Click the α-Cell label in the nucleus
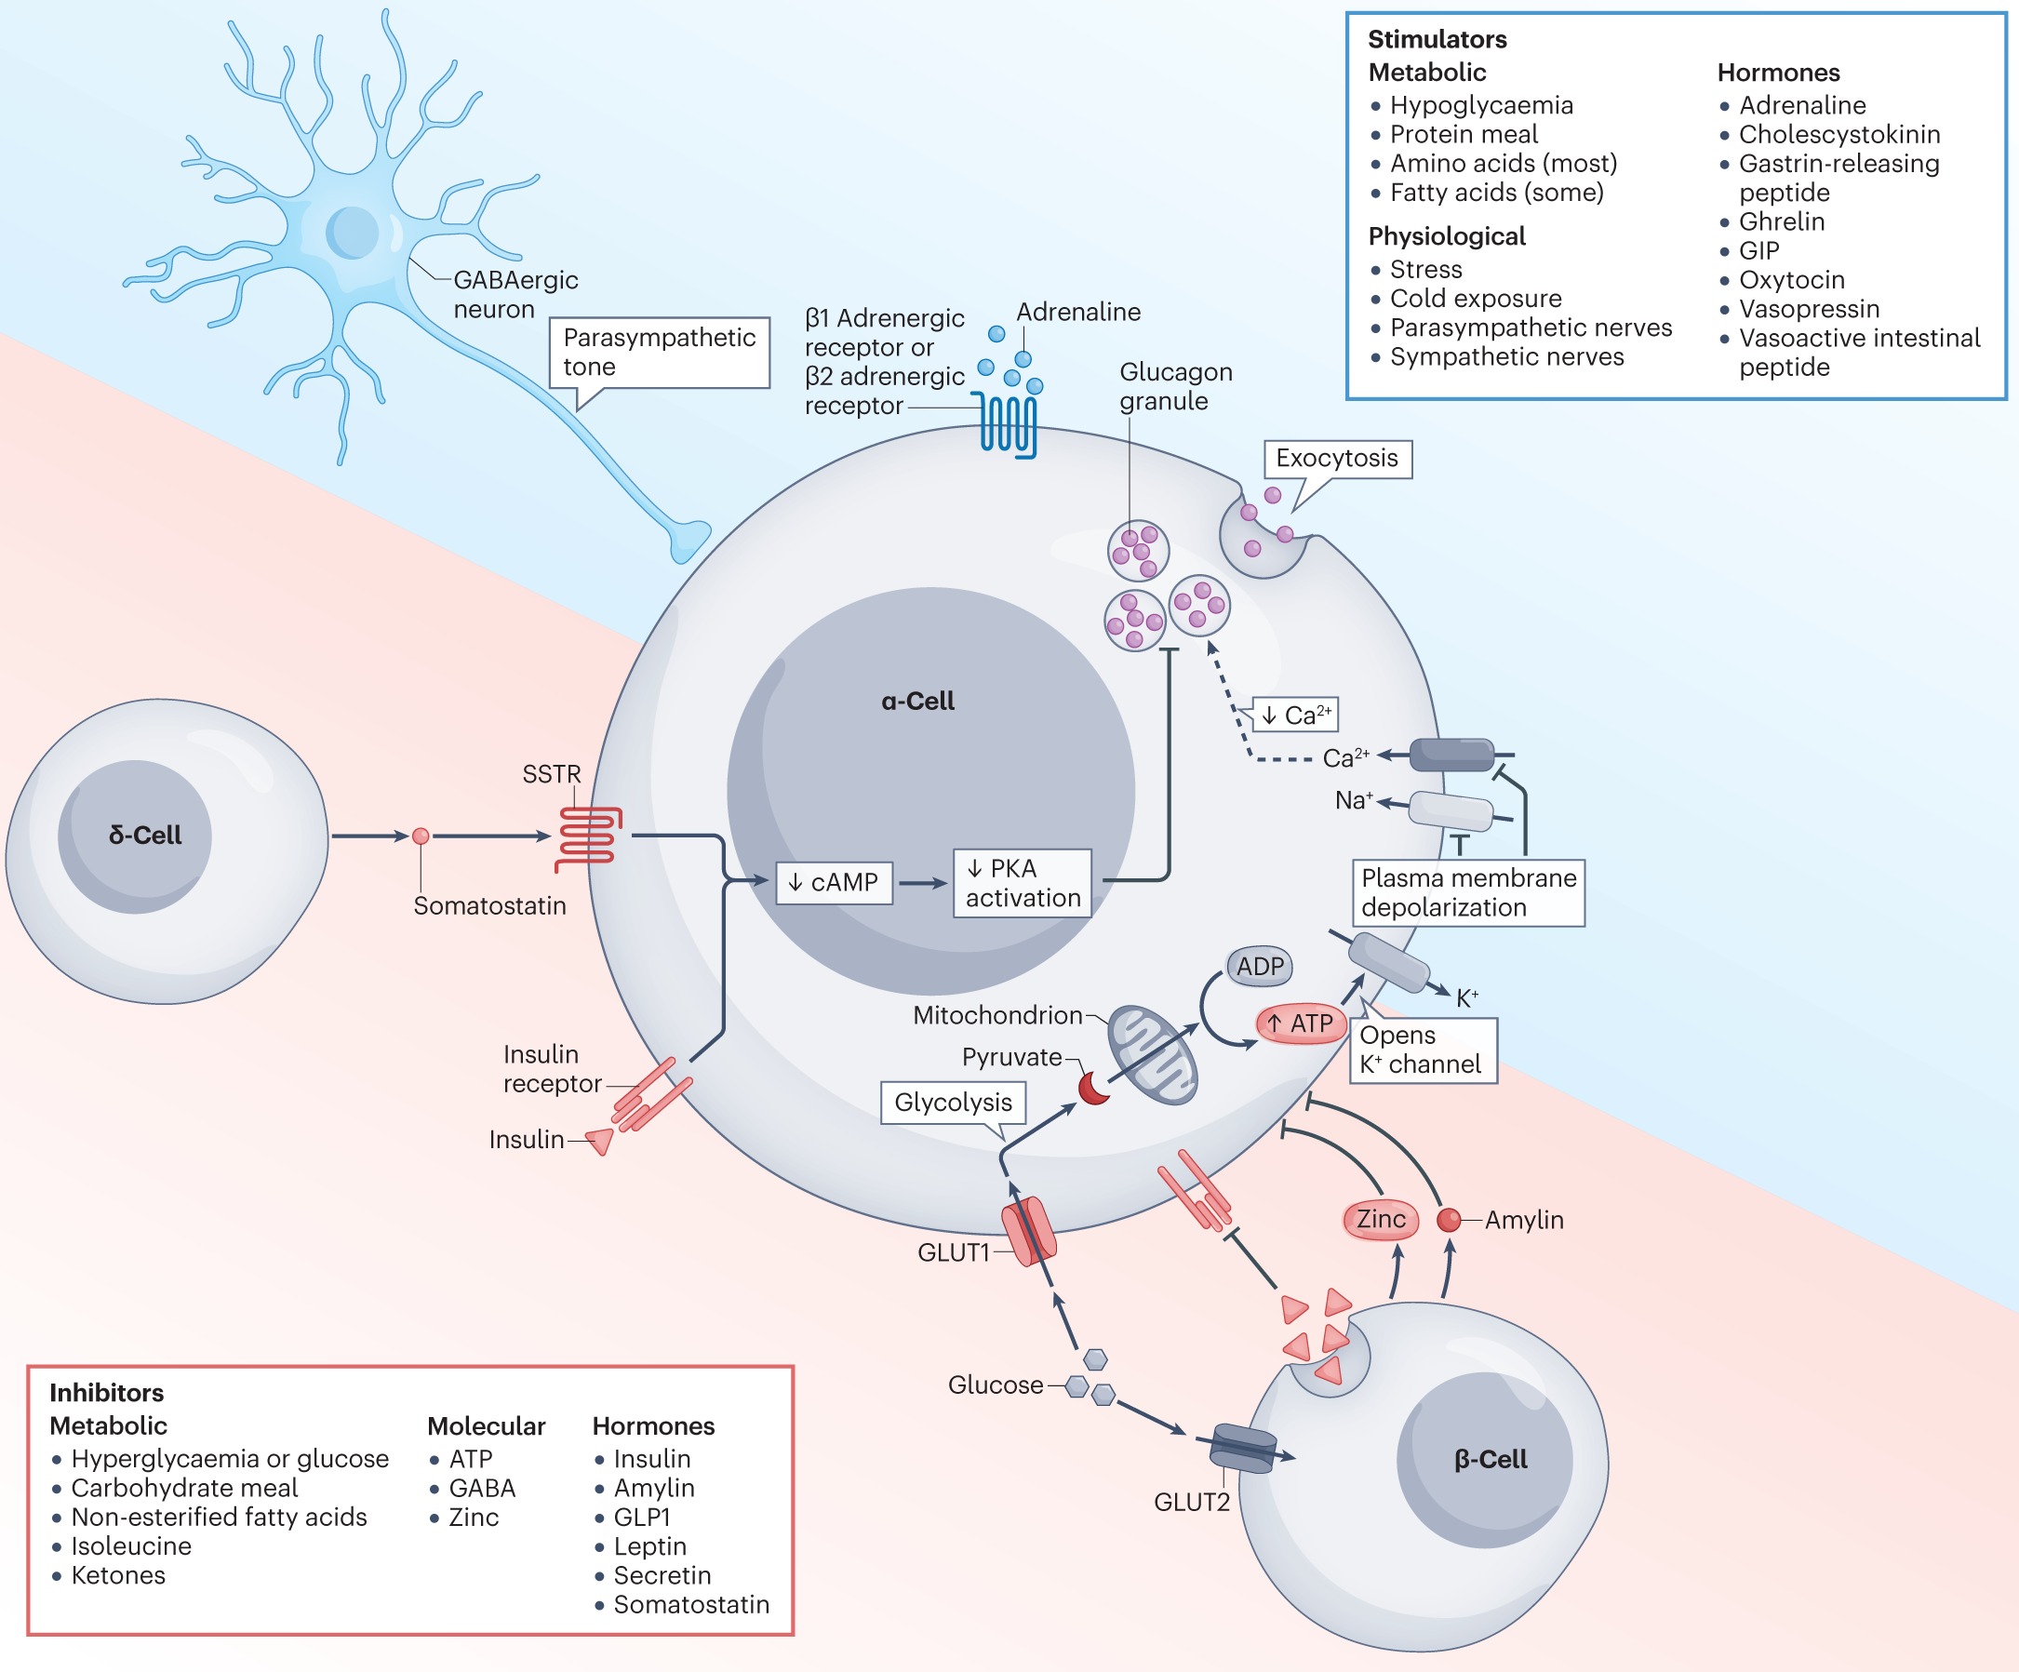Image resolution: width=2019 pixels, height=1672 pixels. pos(917,701)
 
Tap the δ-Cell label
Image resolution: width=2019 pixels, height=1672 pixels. pos(145,835)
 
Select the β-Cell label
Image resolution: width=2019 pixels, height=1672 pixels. pos(1491,1459)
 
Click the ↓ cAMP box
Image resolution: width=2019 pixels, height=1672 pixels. pos(834,883)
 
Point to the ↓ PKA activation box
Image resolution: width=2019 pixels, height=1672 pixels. pos(1022,883)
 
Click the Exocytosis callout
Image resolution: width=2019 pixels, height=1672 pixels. pos(1336,459)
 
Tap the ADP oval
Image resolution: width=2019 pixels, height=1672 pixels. pos(1260,967)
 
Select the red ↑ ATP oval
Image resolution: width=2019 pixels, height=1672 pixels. pos(1300,1023)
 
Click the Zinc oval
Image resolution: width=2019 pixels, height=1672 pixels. pos(1381,1219)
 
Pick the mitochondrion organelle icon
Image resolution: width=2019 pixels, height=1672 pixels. pos(1152,1055)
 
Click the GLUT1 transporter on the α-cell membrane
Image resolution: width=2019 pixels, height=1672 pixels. pos(1029,1231)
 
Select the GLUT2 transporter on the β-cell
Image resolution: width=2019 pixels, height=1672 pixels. pos(1243,1448)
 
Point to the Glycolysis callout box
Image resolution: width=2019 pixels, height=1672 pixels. pos(953,1102)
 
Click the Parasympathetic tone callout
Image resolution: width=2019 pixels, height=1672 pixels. pos(660,353)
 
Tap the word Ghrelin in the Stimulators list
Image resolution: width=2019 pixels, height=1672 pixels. pos(1782,221)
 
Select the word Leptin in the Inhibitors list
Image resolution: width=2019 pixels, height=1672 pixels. pos(650,1546)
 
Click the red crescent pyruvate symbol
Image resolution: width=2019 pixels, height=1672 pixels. pos(1093,1090)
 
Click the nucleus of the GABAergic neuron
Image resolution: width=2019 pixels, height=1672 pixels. pos(352,233)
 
